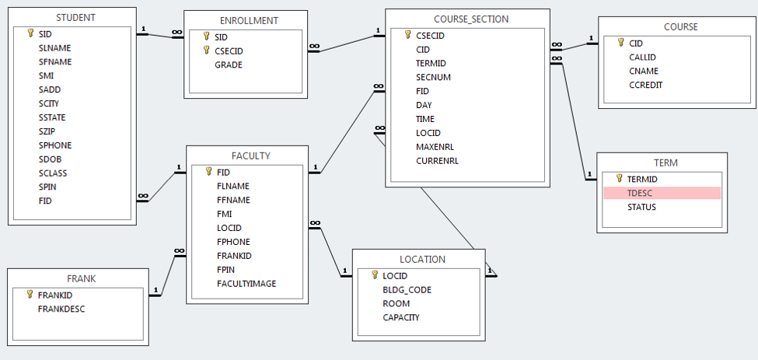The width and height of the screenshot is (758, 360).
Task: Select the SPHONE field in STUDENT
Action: coord(55,145)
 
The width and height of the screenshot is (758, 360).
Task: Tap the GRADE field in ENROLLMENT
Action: coord(229,65)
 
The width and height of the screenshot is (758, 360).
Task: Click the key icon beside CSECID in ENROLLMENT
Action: coord(207,51)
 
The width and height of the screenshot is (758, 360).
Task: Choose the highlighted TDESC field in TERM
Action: coord(641,193)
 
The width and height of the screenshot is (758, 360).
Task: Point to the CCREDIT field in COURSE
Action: coord(645,86)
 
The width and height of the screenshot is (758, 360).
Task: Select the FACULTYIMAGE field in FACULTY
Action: coord(246,284)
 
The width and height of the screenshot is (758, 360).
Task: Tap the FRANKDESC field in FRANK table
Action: coord(61,309)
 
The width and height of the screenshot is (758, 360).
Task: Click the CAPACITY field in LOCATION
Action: coord(401,317)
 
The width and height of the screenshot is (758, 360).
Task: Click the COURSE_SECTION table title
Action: coord(467,19)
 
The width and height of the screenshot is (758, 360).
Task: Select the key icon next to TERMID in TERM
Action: coord(619,178)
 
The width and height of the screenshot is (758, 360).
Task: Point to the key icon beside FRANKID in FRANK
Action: coord(30,295)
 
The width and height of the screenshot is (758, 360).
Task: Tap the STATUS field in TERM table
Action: coord(641,207)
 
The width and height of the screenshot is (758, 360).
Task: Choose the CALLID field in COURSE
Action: coord(643,58)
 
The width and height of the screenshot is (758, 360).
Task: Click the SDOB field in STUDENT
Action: coord(51,159)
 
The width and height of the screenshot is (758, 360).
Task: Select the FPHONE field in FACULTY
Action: coord(233,242)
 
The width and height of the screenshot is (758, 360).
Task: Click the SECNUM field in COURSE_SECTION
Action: coord(433,77)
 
